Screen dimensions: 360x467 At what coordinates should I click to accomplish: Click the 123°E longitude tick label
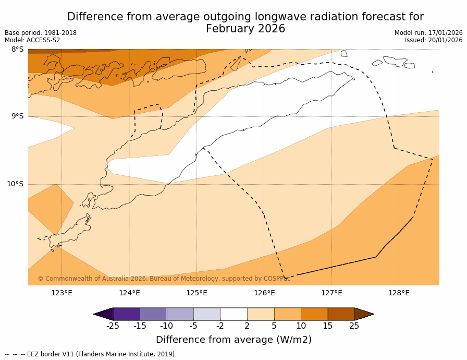pyautogui.click(x=62, y=293)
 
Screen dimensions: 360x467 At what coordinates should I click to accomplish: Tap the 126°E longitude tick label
pyautogui.click(x=264, y=293)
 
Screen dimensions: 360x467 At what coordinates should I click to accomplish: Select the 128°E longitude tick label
pyautogui.click(x=399, y=293)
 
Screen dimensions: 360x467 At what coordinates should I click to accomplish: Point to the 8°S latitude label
pyautogui.click(x=17, y=50)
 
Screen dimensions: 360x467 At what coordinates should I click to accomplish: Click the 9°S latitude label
pyautogui.click(x=17, y=116)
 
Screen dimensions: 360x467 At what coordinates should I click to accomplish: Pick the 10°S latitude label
pyautogui.click(x=15, y=184)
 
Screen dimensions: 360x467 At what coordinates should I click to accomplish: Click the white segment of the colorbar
pyautogui.click(x=233, y=314)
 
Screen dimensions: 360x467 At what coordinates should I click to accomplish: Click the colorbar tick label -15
pyautogui.click(x=140, y=326)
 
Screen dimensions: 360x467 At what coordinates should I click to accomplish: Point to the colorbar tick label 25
pyautogui.click(x=354, y=326)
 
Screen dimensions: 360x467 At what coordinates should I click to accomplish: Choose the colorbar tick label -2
pyautogui.click(x=220, y=326)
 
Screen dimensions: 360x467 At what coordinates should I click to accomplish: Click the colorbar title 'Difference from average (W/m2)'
pyautogui.click(x=233, y=340)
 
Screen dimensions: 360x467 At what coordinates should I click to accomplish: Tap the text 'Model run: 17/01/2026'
pyautogui.click(x=428, y=33)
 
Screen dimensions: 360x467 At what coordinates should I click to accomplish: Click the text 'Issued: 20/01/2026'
pyautogui.click(x=434, y=40)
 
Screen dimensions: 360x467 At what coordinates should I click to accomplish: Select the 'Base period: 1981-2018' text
pyautogui.click(x=41, y=33)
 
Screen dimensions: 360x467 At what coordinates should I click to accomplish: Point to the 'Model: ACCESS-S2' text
pyautogui.click(x=32, y=40)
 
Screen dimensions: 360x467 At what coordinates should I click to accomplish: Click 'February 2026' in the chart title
pyautogui.click(x=245, y=29)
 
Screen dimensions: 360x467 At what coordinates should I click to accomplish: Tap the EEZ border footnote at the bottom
pyautogui.click(x=91, y=354)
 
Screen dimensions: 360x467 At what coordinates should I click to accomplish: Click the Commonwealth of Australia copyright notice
pyautogui.click(x=164, y=279)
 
